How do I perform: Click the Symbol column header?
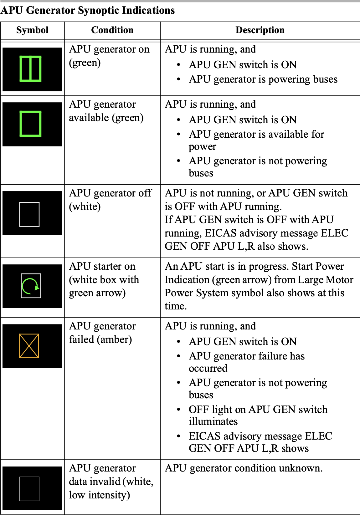pos(32,30)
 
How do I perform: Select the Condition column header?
pos(112,30)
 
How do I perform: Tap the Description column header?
pos(260,30)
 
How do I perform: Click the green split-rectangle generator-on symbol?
pos(30,69)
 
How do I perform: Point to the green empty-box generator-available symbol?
pos(30,124)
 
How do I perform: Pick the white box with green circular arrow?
pos(31,286)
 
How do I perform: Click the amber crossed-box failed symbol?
pos(29,346)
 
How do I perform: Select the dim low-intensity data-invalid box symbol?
pos(29,489)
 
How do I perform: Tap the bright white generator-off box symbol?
pos(29,214)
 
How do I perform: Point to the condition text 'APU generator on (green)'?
pos(109,56)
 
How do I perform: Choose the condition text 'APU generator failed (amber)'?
pos(102,333)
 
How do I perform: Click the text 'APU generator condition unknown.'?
pos(244,468)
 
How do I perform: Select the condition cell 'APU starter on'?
pos(102,266)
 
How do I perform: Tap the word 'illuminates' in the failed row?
pos(213,421)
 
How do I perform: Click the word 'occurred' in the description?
pos(208,368)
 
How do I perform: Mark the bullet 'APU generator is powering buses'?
pos(263,79)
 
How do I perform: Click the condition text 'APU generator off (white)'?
pos(110,200)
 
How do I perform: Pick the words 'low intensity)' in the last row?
pos(100,495)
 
